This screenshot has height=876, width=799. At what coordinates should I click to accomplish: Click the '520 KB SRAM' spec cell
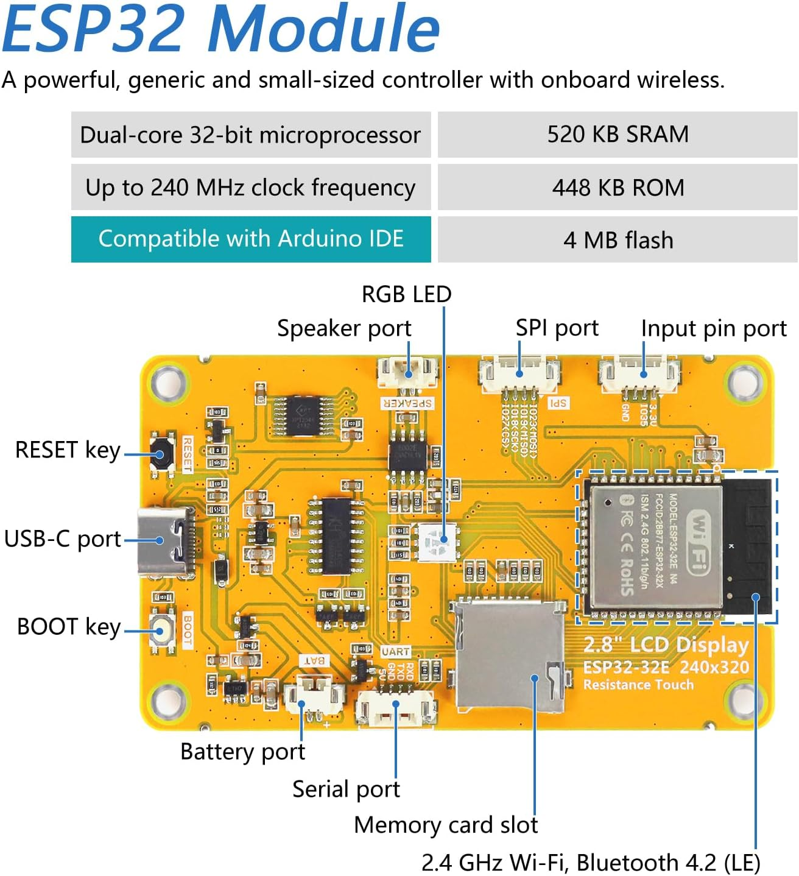point(618,134)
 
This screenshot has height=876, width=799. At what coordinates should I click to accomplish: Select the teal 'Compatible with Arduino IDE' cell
point(251,239)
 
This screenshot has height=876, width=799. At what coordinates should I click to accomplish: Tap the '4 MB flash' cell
point(618,240)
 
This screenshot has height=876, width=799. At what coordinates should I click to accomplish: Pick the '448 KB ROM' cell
point(618,187)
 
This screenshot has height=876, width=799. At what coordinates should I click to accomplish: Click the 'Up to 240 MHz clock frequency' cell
point(251,187)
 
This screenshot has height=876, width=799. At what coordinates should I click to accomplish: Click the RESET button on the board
point(161,454)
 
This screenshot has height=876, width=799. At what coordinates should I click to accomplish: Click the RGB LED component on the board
point(437,540)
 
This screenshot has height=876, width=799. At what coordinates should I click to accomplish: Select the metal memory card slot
point(509,657)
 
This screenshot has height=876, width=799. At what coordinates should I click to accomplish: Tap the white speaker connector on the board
point(407,372)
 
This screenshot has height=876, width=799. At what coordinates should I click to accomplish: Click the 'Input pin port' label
point(714,328)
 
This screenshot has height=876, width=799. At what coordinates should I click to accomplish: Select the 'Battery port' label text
point(242,752)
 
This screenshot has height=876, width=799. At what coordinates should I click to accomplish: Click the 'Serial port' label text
point(346,789)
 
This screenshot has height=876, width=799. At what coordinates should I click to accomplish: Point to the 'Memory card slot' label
point(446,825)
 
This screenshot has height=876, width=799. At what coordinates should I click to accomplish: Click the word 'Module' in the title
point(324,29)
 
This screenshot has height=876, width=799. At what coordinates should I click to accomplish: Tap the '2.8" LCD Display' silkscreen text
point(666,645)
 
